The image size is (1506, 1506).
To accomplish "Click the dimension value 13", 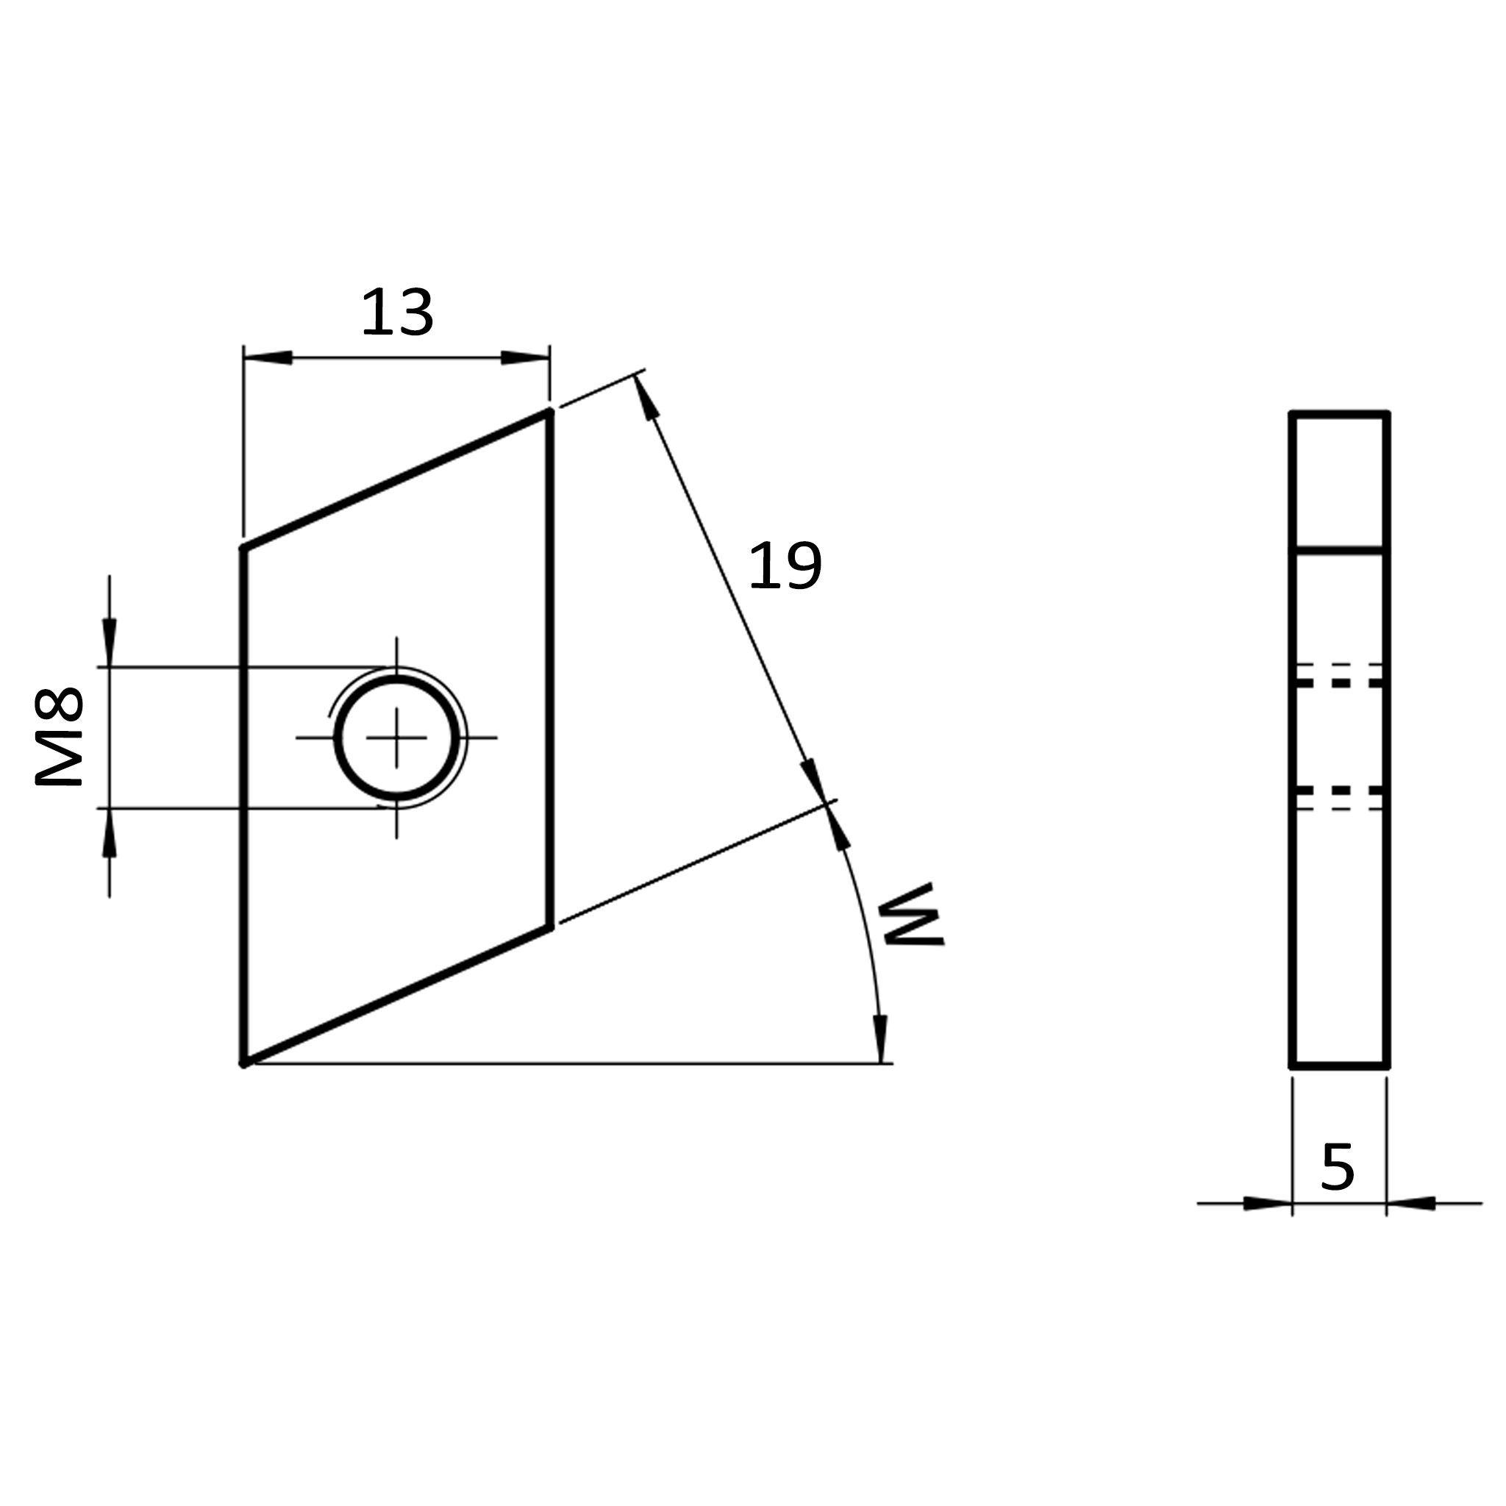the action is (397, 312).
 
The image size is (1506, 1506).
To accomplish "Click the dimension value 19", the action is (784, 566).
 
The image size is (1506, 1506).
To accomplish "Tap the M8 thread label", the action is (60, 736).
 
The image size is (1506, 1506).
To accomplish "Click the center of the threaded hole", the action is (397, 738).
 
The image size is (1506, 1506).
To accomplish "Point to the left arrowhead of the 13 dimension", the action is (268, 358).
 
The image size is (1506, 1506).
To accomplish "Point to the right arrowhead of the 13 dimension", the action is (525, 358).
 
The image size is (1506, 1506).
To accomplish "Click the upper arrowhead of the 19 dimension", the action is (646, 398).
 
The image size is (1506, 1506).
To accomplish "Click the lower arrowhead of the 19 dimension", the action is (814, 779).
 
